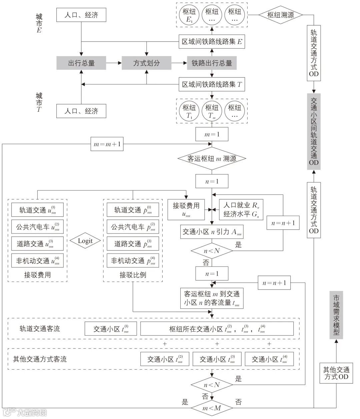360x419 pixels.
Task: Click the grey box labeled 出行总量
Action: pos(81,63)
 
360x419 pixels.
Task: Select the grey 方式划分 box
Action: pos(146,63)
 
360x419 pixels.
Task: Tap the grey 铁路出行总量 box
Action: pos(212,63)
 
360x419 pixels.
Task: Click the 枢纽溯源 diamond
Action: pos(281,15)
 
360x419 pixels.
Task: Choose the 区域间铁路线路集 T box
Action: pos(212,85)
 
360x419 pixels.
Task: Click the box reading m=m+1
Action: pos(107,144)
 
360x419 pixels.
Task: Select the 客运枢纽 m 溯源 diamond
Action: pos(212,158)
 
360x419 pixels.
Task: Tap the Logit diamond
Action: pos(85,241)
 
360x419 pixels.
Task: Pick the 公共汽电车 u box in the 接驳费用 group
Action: pos(37,227)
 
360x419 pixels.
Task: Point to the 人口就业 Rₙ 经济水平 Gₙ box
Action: pos(241,210)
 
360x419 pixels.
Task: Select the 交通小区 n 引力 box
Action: pos(212,232)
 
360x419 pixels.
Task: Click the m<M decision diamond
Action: pos(212,408)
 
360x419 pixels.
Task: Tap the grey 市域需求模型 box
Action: pos(336,315)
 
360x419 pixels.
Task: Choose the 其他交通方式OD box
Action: pos(336,373)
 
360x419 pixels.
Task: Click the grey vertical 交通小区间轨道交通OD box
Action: pos(314,131)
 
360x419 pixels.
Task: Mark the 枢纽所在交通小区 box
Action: pos(217,329)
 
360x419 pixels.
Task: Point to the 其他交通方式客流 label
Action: pos(40,359)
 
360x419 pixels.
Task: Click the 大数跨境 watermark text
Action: pos(31,412)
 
